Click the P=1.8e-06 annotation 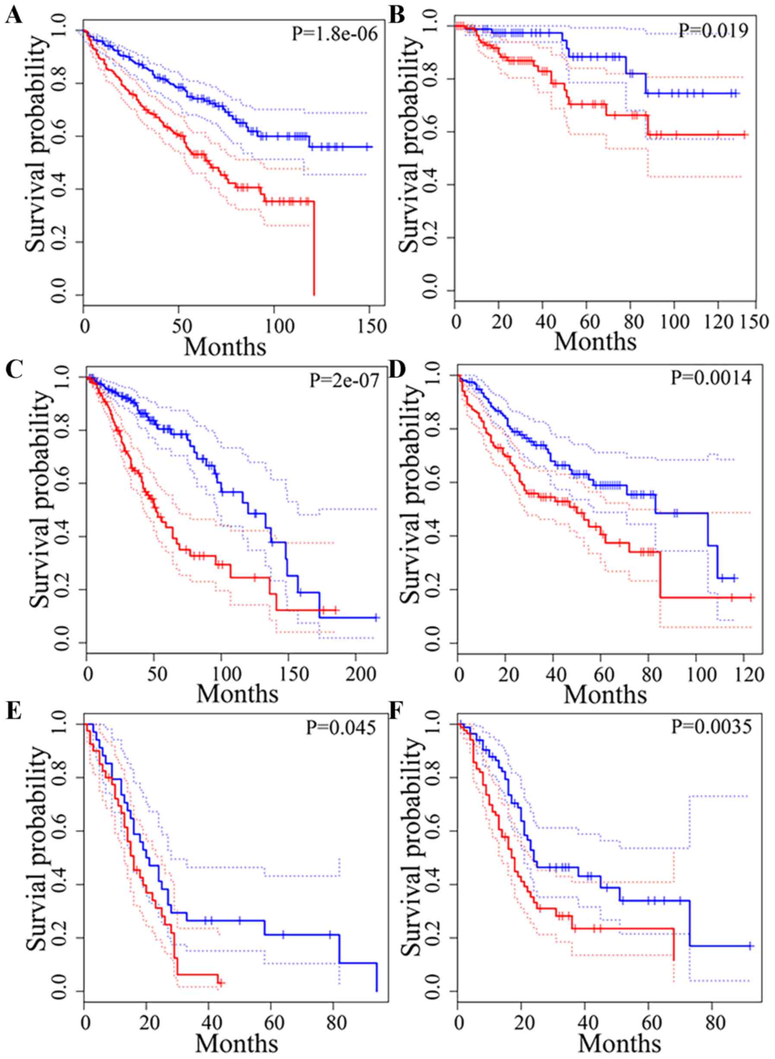click(335, 34)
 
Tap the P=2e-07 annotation click(344, 381)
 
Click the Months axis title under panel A click(226, 347)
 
